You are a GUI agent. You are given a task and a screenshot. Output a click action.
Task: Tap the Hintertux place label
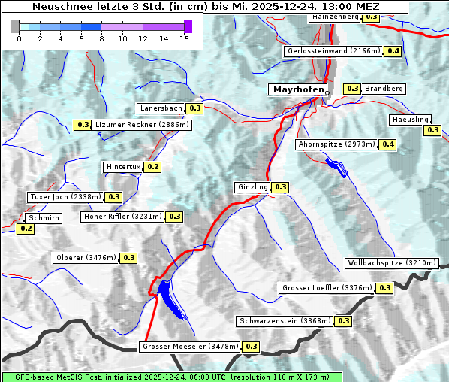click(123, 167)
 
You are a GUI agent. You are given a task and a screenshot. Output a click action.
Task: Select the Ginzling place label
click(252, 187)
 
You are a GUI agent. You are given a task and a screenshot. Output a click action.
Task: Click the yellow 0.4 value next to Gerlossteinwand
click(393, 51)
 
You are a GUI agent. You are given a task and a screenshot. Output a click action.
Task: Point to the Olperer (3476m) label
click(86, 258)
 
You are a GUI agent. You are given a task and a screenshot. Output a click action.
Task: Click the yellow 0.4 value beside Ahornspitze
click(387, 144)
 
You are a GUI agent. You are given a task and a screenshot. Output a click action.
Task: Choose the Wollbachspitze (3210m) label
click(391, 263)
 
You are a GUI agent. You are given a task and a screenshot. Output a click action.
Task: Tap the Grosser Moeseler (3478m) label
click(190, 347)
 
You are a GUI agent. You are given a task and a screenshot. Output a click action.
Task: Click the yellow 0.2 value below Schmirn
click(26, 228)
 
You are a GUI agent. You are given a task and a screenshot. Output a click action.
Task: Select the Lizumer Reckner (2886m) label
click(142, 125)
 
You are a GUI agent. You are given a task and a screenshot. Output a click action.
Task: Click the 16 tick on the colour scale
click(183, 38)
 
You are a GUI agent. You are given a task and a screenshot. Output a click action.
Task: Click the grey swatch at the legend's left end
click(15, 26)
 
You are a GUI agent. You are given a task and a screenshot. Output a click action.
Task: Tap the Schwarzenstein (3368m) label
click(284, 321)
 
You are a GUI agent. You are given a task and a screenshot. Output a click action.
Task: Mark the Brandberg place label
click(384, 89)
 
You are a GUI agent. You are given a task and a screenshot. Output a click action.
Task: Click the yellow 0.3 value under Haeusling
click(432, 130)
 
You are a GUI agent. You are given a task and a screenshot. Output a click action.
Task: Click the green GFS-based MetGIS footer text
click(171, 377)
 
